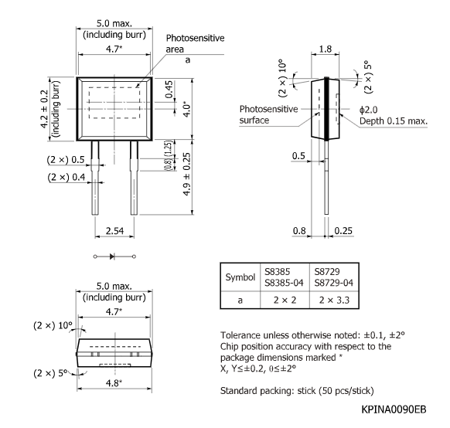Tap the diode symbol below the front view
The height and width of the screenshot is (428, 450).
114,255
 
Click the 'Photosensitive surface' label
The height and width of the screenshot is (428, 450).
268,115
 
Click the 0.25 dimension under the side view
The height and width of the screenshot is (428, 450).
342,230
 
